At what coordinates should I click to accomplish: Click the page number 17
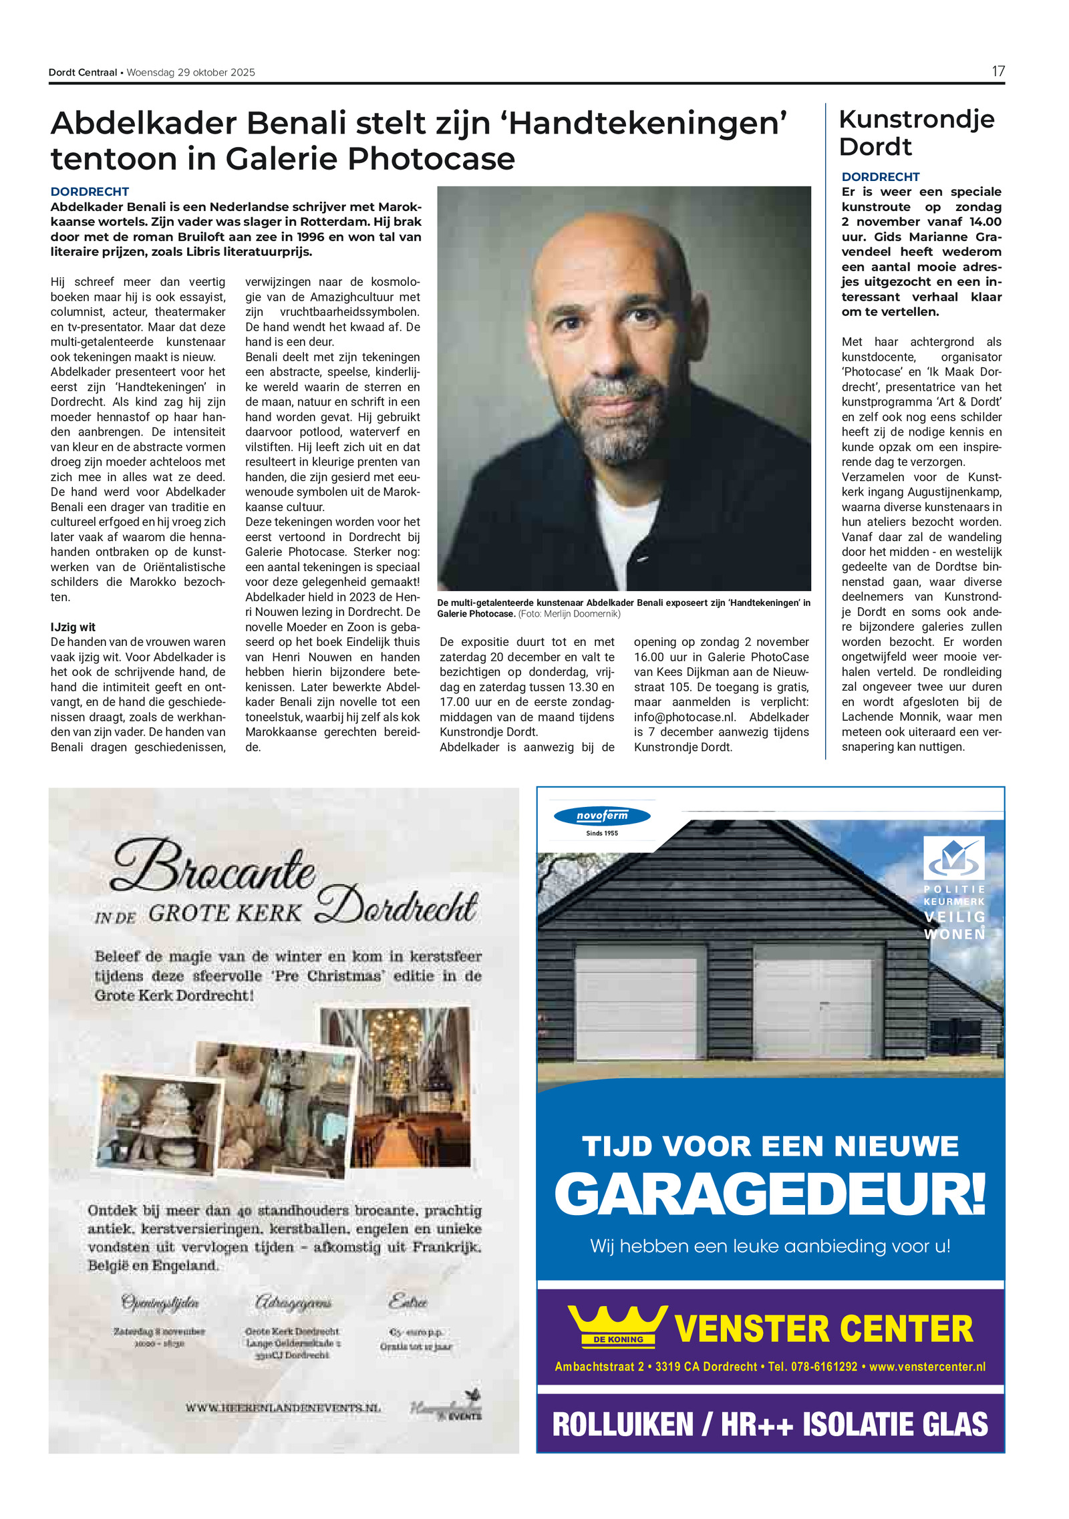click(998, 71)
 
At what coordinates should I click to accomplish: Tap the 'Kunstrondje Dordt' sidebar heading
click(916, 133)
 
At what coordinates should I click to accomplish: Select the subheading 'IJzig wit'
click(73, 627)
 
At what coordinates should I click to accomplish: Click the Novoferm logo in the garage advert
click(602, 816)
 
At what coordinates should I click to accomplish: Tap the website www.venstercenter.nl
click(927, 1366)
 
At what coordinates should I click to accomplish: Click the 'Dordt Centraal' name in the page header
click(83, 72)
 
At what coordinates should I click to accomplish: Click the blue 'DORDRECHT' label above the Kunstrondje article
click(880, 177)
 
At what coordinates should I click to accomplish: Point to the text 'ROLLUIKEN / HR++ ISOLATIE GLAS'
click(770, 1423)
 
